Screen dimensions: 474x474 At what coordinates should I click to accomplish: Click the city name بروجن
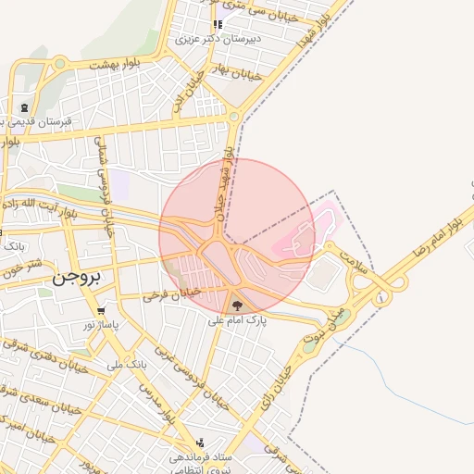[x=80, y=276]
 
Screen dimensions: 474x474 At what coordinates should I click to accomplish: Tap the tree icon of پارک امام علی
[x=237, y=305]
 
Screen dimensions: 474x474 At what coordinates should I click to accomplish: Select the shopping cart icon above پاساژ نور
[x=100, y=311]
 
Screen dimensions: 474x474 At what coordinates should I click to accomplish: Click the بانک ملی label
[x=127, y=365]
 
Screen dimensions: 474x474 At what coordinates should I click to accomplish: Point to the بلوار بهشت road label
[x=113, y=65]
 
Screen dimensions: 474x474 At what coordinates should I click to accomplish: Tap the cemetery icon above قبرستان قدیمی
[x=23, y=108]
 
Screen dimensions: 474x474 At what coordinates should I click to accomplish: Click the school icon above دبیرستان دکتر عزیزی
[x=218, y=25]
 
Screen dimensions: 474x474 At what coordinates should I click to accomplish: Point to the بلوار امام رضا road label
[x=438, y=236]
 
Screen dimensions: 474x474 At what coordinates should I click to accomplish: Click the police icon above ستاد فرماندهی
[x=200, y=443]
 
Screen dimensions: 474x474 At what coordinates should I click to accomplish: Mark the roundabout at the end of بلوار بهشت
[x=60, y=64]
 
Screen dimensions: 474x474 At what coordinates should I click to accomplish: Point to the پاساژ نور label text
[x=102, y=326]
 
